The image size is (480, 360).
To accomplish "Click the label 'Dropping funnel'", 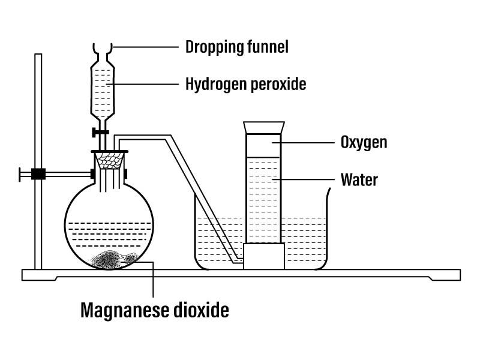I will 237,47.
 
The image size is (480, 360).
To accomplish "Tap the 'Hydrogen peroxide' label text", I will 246,85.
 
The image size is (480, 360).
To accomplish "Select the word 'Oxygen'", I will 364,142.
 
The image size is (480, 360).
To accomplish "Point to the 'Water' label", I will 359,179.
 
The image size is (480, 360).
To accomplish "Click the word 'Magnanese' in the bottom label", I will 123,310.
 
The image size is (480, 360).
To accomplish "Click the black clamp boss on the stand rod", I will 38,175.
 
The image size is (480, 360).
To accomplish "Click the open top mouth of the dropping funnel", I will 103,46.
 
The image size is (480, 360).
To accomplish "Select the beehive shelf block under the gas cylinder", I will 263,257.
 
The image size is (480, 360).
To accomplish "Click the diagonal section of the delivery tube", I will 207,198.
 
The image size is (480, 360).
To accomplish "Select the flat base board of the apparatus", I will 240,275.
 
